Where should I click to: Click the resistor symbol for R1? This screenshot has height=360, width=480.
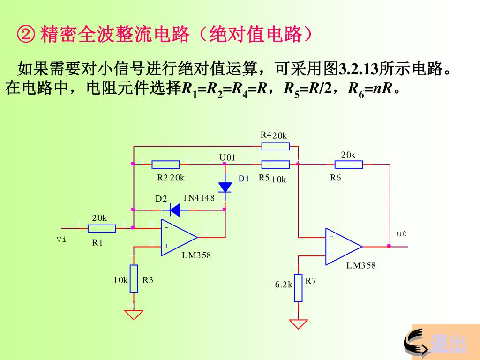click(102, 228)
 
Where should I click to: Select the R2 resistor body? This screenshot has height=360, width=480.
click(166, 164)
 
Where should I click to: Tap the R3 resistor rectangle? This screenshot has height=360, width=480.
click(134, 278)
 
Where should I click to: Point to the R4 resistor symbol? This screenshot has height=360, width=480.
click(276, 146)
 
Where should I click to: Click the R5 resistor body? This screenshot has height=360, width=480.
click(276, 164)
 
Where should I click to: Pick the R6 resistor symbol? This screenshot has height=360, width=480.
click(349, 164)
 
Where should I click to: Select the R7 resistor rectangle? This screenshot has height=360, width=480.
click(299, 287)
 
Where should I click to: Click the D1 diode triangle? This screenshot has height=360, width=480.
click(225, 187)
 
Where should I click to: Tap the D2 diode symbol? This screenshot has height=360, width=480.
click(175, 210)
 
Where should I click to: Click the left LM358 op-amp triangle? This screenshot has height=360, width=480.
click(177, 238)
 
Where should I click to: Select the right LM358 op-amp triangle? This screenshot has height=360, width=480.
click(342, 247)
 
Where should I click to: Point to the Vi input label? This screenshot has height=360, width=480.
click(61, 240)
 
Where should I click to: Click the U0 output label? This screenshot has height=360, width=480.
click(402, 234)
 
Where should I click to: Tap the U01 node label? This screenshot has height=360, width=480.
click(227, 157)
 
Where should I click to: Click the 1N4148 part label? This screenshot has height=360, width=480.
click(199, 198)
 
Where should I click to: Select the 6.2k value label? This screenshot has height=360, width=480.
click(284, 285)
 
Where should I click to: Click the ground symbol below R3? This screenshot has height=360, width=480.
click(134, 314)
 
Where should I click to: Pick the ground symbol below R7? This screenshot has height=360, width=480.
click(299, 323)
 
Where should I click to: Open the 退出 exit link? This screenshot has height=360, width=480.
click(448, 344)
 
